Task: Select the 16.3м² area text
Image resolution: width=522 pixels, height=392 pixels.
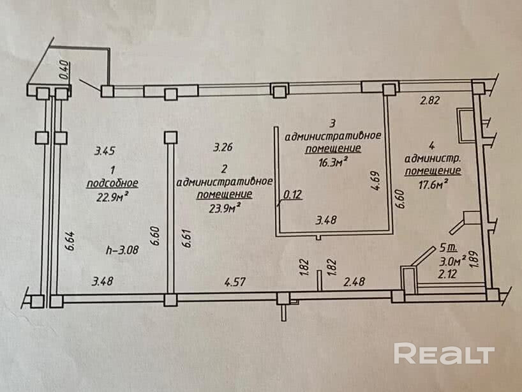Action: coord(332,162)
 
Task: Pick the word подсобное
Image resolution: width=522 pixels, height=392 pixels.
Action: coord(112,183)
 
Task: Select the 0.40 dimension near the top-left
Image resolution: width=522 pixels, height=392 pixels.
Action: coord(63,69)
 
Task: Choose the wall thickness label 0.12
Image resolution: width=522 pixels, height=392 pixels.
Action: coord(293,196)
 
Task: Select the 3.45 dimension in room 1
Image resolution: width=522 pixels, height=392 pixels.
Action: coord(104,151)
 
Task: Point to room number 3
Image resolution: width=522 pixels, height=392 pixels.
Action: coord(332,123)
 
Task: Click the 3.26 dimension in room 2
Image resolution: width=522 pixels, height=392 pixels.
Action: coord(222,147)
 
